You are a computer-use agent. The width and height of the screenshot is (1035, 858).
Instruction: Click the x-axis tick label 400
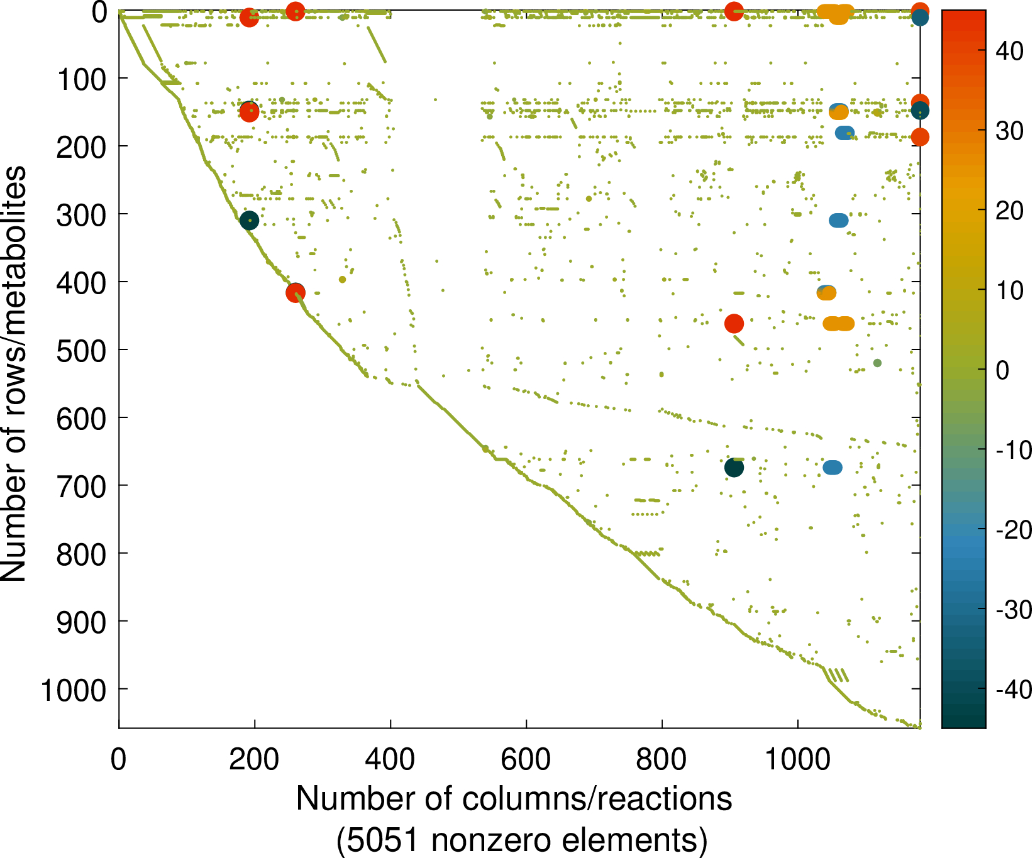coord(390,760)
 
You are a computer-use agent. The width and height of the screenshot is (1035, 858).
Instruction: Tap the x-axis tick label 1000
coord(797,760)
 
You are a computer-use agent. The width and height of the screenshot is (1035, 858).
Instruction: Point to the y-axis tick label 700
coord(82,486)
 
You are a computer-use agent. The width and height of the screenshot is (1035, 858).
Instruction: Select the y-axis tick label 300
coord(82,215)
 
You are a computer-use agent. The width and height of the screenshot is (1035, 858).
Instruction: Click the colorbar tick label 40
coord(1010,51)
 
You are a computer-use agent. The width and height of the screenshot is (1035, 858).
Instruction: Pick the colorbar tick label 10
coord(1010,290)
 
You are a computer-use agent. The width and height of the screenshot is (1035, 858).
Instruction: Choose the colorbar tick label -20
coord(1013,530)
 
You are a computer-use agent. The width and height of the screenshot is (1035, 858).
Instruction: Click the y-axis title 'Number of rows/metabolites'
coord(14,374)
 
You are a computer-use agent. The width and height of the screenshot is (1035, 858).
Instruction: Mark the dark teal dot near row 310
coord(249,220)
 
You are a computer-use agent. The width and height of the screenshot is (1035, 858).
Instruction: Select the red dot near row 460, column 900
coord(734,324)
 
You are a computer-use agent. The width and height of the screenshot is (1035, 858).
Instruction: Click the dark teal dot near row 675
coord(734,468)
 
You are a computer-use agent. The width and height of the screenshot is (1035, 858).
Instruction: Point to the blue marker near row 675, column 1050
coord(832,468)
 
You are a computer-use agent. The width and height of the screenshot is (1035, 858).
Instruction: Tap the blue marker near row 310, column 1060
coord(838,221)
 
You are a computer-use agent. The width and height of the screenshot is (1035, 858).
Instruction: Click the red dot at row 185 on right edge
coord(919,137)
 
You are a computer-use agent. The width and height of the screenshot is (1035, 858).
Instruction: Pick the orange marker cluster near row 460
coord(838,324)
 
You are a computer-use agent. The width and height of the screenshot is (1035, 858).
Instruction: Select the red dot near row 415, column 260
coord(295,292)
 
